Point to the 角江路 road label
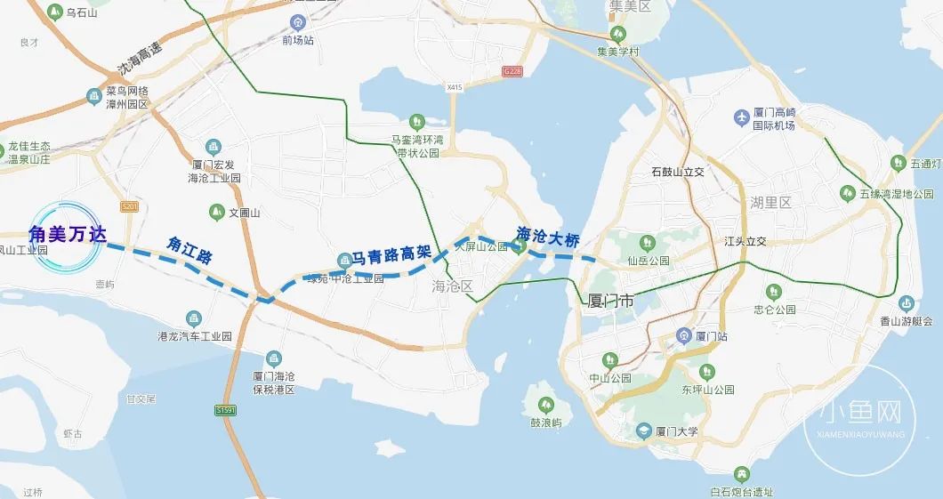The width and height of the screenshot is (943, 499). (189, 250)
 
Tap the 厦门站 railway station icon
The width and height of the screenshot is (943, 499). (683, 335)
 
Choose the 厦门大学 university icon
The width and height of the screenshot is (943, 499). (643, 431)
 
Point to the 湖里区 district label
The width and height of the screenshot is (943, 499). (770, 203)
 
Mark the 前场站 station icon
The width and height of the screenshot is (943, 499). (297, 23)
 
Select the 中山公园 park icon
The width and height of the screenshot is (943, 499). (609, 359)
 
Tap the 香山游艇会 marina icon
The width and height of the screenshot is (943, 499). (906, 303)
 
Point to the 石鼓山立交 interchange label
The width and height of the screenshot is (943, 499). (678, 172)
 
